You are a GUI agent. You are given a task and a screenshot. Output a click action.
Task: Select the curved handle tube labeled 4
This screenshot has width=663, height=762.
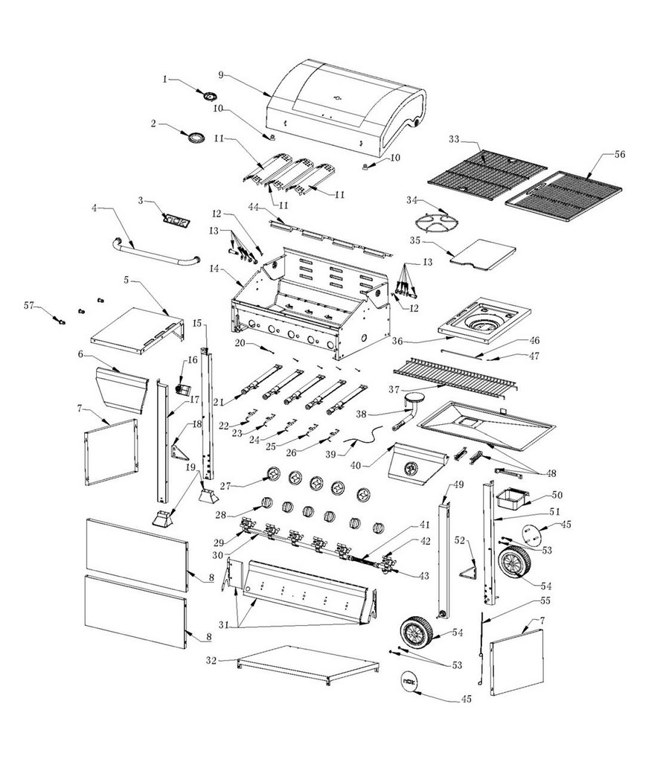156,252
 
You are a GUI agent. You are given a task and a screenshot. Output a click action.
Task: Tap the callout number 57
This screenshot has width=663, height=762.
29,305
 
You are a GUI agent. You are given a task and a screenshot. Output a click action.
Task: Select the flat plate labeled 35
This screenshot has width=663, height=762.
484,253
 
